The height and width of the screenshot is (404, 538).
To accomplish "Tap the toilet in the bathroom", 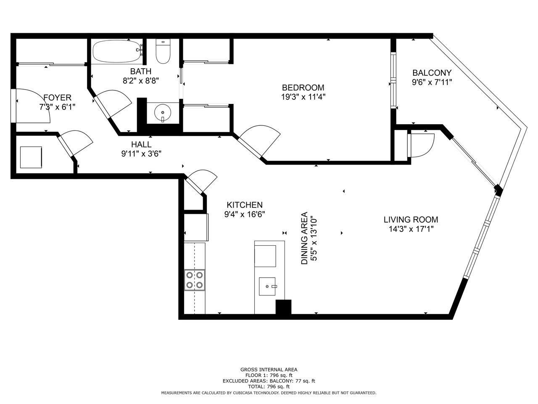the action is click(163, 51).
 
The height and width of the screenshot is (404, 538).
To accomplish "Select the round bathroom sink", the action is click(163, 113).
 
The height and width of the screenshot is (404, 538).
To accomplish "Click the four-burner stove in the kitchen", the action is click(195, 280).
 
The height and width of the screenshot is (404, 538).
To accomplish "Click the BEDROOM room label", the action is click(303, 88).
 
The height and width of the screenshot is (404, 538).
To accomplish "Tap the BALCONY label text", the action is click(432, 73).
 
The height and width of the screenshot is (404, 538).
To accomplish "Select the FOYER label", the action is click(57, 98).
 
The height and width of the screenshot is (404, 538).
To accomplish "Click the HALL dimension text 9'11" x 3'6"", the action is click(141, 154).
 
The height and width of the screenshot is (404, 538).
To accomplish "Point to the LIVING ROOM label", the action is click(411, 220).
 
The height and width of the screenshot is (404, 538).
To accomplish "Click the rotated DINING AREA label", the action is click(304, 238).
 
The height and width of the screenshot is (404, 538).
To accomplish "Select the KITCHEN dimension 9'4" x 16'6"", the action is click(245, 214).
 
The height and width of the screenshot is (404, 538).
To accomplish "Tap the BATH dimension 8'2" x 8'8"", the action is click(141, 81).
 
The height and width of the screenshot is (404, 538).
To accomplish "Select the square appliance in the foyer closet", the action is click(31, 157).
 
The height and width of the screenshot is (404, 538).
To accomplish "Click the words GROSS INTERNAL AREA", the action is click(269, 369).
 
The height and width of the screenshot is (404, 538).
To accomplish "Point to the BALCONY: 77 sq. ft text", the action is click(292, 381).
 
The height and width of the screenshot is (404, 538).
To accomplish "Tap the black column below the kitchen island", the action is click(284, 307).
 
